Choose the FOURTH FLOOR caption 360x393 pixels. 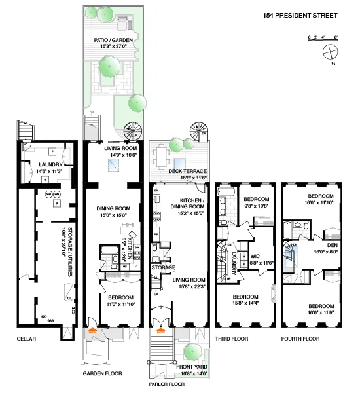pos(300,339)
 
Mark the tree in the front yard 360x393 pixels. pos(193,352)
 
